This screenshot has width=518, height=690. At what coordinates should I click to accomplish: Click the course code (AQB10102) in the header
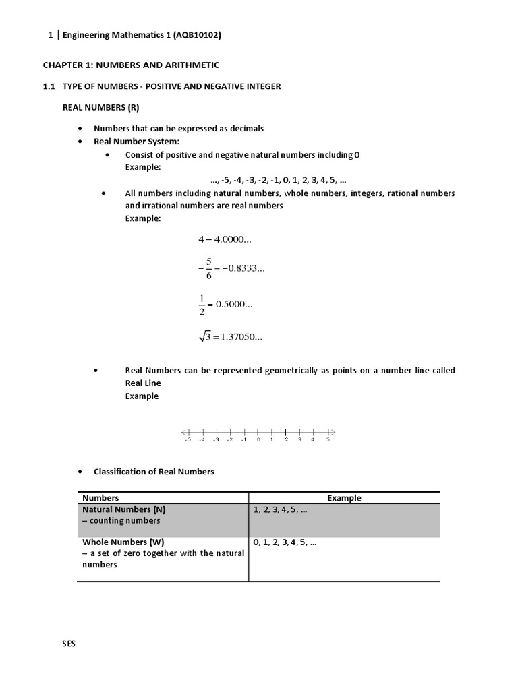coord(197,35)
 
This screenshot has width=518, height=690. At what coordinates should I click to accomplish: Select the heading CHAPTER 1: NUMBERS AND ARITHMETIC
coord(131,65)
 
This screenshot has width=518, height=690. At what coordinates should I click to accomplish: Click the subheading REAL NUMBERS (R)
coord(100,107)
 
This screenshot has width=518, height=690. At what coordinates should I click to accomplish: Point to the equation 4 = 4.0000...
coord(225,239)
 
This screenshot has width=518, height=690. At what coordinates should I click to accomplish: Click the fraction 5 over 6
coord(209,268)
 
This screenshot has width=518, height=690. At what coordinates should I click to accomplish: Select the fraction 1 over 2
coord(202,305)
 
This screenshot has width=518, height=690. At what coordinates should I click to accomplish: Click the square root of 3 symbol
coord(204,337)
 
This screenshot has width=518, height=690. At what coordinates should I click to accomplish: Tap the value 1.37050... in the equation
coord(241,337)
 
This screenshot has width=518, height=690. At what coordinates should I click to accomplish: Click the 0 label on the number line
coord(258,439)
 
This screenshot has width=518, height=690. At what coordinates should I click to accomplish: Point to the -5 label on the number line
coord(187,439)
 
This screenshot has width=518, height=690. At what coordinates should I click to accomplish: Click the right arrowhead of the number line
coord(333,431)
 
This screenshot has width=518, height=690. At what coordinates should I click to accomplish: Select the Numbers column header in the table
coord(100,498)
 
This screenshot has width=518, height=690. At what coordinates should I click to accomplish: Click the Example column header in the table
coord(344,498)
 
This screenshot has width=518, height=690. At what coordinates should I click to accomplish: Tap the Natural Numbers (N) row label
coord(123,509)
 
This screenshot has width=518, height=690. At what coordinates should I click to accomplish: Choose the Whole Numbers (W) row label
coord(123,542)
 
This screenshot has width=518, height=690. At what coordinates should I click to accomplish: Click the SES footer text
coord(69,644)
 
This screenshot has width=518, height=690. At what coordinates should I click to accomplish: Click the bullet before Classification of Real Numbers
coord(80,472)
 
